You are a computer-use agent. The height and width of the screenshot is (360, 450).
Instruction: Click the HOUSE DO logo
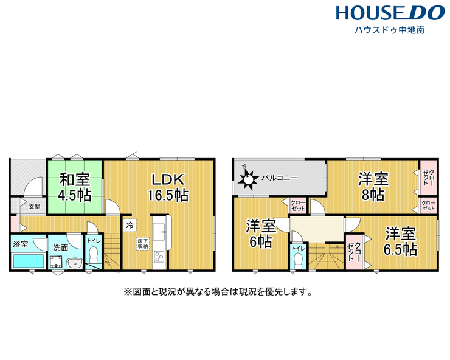pyautogui.click(x=390, y=13)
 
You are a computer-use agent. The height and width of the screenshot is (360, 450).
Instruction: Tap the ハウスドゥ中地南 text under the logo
pyautogui.click(x=389, y=30)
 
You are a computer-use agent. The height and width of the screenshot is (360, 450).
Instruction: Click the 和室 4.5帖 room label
pyautogui.click(x=75, y=187)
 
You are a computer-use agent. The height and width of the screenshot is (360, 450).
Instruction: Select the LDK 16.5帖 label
pyautogui.click(x=168, y=187)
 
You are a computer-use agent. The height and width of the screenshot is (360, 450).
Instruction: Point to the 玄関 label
pyautogui.click(x=35, y=206)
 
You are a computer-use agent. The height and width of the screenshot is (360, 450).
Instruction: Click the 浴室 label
pyautogui.click(x=21, y=244)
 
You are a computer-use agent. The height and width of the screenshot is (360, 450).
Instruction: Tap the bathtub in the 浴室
pyautogui.click(x=28, y=261)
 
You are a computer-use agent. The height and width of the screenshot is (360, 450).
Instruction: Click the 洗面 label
pyautogui.click(x=61, y=247)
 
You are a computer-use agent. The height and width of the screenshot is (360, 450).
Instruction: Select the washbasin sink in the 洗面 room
pyautogui.click(x=75, y=263)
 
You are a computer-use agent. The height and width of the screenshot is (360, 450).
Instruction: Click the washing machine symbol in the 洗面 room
pyautogui.click(x=56, y=262)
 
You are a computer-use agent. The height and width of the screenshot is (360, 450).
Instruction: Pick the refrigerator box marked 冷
pyautogui.click(x=130, y=226)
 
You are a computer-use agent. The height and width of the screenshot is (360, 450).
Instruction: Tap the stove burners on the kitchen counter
pyautogui.click(x=159, y=257)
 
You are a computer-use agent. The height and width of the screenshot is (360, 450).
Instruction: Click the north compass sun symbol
pyautogui.click(x=248, y=179)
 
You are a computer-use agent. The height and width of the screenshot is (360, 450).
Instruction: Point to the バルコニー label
pyautogui.click(x=280, y=178)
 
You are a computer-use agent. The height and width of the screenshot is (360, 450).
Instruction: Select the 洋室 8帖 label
pyautogui.click(x=373, y=187)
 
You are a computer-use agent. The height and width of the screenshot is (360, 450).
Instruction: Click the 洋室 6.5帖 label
pyautogui.click(x=400, y=241)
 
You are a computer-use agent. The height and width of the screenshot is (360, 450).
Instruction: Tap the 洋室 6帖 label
pyautogui.click(x=261, y=234)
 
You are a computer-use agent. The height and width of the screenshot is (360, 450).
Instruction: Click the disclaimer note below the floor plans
pyautogui.click(x=218, y=292)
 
